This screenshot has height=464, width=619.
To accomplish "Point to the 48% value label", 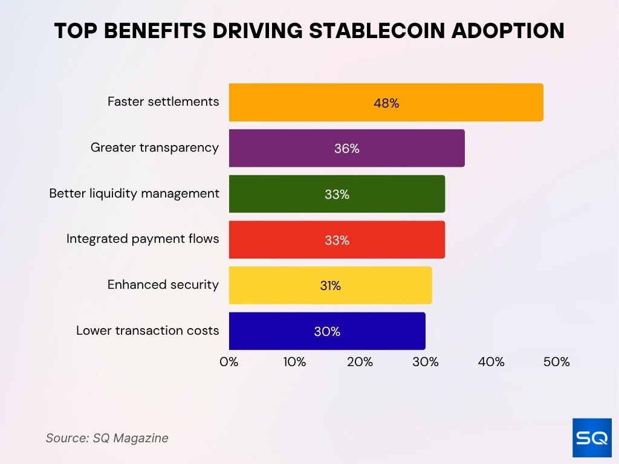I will (x=386, y=103).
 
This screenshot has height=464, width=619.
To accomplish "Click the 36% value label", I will (x=347, y=149).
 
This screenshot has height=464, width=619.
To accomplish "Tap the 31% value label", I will (x=331, y=286).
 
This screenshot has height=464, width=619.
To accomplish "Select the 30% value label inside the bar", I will (x=327, y=332).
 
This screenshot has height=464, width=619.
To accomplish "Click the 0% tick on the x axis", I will (x=229, y=362).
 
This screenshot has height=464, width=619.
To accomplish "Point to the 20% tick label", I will (x=360, y=362).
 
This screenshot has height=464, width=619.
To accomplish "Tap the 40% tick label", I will (x=491, y=362).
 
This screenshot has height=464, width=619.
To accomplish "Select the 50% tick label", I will (x=556, y=362).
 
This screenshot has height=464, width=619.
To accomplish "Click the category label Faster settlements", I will (x=163, y=101).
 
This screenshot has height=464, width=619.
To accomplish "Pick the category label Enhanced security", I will (x=163, y=285).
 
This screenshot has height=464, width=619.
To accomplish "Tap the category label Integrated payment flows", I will (x=143, y=239).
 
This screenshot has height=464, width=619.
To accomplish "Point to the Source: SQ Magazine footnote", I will (x=107, y=438).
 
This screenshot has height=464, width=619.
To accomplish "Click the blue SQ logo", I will (x=591, y=437).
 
